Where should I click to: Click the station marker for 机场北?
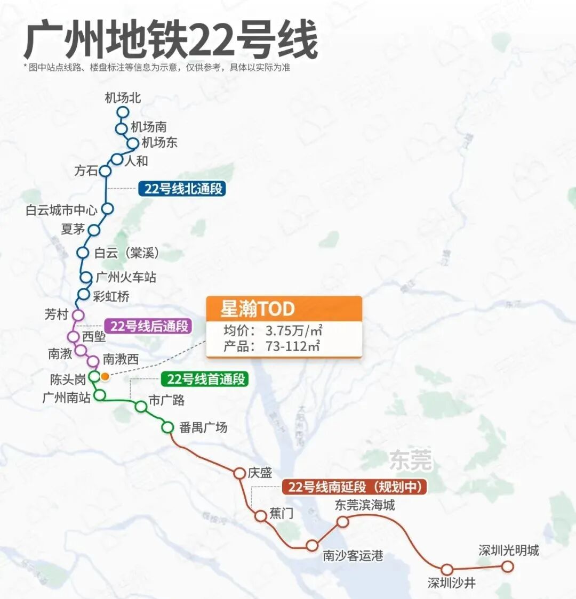[123, 112]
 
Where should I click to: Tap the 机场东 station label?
[159, 143]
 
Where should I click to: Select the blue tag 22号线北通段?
[182, 189]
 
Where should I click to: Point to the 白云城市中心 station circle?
[108, 208]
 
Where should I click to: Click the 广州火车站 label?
[126, 277]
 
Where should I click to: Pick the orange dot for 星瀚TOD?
[105, 377]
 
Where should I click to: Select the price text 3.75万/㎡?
[293, 330]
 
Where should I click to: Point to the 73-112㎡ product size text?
[293, 346]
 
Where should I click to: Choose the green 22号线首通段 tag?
[205, 379]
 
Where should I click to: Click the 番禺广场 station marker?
[167, 427]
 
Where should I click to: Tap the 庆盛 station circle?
[239, 473]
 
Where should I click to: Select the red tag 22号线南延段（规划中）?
[355, 487]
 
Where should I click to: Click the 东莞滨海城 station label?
[364, 505]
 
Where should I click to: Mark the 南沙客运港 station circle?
[312, 545]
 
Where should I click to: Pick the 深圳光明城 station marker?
[508, 566]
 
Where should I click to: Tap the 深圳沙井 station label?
[451, 583]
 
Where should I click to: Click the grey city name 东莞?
[410, 460]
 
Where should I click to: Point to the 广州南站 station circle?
[100, 395]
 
